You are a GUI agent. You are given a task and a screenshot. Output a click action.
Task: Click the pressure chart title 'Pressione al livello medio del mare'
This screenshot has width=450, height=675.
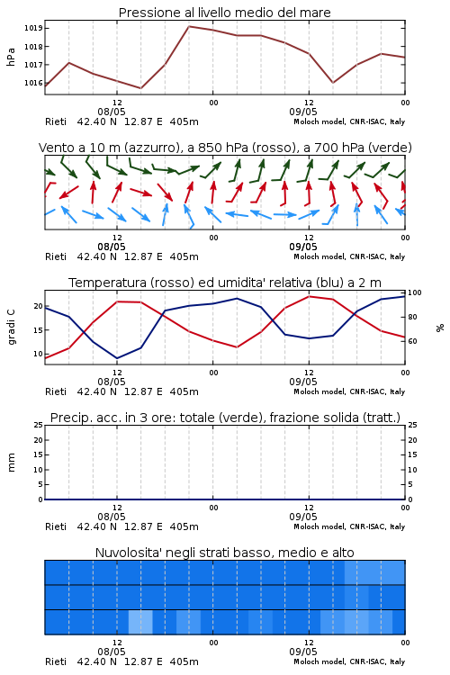(224, 13)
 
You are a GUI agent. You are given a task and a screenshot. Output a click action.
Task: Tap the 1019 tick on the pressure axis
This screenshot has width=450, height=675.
(32, 29)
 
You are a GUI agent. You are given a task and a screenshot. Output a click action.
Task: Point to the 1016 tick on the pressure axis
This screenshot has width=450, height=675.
(32, 83)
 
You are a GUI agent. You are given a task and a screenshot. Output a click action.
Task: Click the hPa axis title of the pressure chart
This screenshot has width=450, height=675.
(11, 57)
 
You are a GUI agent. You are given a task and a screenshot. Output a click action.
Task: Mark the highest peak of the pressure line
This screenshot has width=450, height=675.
(189, 26)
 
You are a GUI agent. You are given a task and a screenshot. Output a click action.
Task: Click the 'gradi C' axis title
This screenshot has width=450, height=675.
(11, 327)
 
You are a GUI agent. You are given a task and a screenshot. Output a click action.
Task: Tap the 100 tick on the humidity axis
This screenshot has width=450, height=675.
(415, 292)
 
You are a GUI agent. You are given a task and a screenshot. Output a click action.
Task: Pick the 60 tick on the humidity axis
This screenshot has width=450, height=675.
(412, 341)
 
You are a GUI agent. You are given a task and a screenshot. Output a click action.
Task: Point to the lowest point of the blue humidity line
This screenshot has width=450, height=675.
(117, 358)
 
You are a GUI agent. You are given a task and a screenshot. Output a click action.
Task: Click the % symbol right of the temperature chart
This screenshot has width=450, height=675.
(440, 328)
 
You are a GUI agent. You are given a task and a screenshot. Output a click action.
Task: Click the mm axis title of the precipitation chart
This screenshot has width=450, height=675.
(11, 463)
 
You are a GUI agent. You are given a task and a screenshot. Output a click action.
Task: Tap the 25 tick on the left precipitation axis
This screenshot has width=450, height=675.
(39, 426)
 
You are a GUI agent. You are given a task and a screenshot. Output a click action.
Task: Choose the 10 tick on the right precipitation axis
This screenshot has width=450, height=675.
(412, 470)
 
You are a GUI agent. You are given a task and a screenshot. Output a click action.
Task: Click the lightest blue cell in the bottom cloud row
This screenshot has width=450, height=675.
(140, 622)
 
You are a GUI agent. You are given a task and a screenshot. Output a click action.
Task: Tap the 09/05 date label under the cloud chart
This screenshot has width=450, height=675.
(303, 652)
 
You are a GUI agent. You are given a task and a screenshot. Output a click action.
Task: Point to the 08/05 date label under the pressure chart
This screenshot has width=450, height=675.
(112, 112)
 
